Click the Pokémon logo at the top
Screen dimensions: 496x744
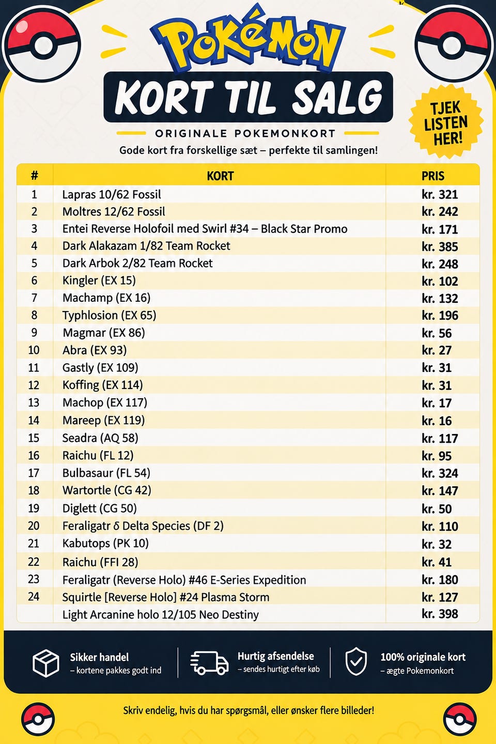[248, 40]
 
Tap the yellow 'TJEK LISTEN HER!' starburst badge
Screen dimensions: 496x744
[446, 122]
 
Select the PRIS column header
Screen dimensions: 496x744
[433, 176]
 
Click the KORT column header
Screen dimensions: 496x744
[220, 176]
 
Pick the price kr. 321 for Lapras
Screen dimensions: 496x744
[440, 195]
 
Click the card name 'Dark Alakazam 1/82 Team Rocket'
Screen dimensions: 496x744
[146, 246]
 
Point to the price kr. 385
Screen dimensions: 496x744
[440, 247]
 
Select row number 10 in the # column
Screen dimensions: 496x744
[34, 350]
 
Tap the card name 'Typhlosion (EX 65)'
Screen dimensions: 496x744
[110, 315]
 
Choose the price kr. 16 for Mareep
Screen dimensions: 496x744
[437, 421]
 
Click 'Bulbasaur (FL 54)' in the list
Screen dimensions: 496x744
[106, 473]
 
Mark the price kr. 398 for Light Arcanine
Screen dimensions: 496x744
[440, 614]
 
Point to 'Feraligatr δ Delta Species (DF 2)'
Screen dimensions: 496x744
[143, 526]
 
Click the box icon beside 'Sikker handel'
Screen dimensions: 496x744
[46, 663]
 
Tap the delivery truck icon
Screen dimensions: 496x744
[209, 662]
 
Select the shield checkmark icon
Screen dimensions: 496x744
[356, 662]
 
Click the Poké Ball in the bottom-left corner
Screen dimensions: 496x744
[38, 719]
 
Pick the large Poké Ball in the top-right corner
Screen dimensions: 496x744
[454, 44]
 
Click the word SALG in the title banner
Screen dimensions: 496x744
[337, 97]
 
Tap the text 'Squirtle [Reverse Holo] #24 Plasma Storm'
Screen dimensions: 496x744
[166, 597]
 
